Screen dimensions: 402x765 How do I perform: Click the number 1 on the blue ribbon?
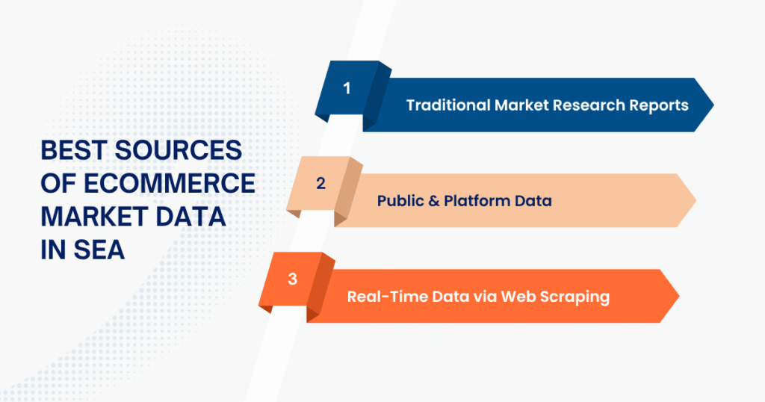click(347, 88)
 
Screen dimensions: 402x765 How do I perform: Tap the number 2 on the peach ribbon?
click(320, 183)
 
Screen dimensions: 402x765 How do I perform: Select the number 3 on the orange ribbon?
click(292, 279)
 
